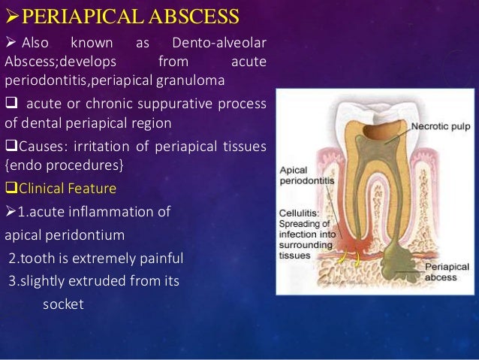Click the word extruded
91,283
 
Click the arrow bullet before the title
10,15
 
